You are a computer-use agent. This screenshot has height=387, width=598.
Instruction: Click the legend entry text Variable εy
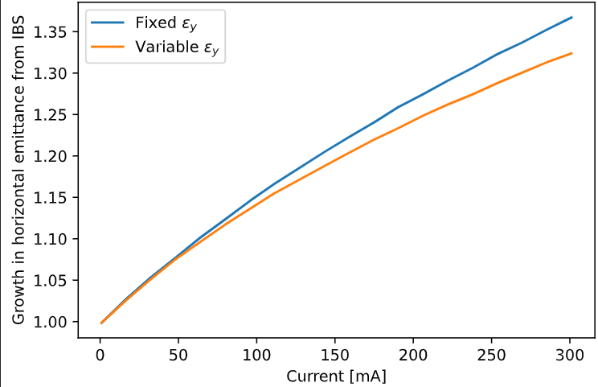point(178,47)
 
